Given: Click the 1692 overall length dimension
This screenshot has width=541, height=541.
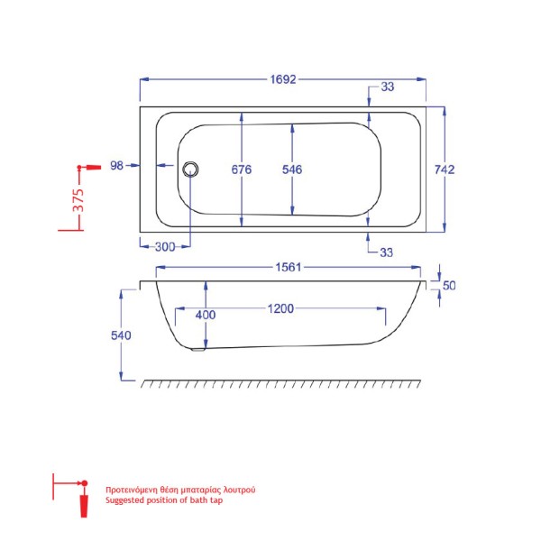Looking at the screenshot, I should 282,78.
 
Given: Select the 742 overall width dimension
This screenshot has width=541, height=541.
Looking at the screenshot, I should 445,169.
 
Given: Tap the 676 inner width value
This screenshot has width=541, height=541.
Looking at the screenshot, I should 241,170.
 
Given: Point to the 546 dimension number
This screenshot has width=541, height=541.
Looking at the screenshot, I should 291,170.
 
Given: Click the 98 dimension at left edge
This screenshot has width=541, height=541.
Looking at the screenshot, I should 116,165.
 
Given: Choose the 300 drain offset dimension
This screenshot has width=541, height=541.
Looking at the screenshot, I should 164,245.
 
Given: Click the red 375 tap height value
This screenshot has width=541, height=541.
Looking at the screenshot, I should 78,198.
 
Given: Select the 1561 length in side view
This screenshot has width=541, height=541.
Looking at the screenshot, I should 288,267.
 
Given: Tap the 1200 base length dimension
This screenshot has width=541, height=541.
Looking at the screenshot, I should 281,310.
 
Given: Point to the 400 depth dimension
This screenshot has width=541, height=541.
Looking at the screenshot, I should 206,314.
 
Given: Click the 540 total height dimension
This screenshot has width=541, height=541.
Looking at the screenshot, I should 122,335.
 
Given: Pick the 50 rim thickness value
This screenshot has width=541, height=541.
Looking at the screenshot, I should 449,286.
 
